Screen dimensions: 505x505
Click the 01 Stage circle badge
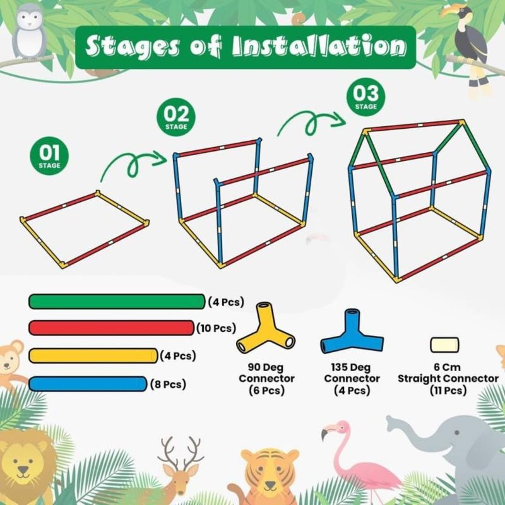click(49, 156)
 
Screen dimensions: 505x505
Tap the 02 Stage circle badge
click(176, 117)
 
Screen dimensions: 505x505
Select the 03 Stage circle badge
click(365, 97)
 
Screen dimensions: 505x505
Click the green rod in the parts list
click(117, 302)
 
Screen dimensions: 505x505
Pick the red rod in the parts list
click(112, 328)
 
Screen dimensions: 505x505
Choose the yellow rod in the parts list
click(93, 355)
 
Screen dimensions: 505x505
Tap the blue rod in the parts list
click(88, 384)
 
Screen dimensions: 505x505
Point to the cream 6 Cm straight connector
click(444, 345)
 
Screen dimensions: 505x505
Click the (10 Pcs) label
click(216, 328)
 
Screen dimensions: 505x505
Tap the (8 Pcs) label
click(168, 384)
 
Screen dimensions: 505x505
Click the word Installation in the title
click(319, 46)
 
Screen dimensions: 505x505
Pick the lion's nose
click(23, 469)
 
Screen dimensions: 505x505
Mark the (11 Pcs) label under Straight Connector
click(448, 391)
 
